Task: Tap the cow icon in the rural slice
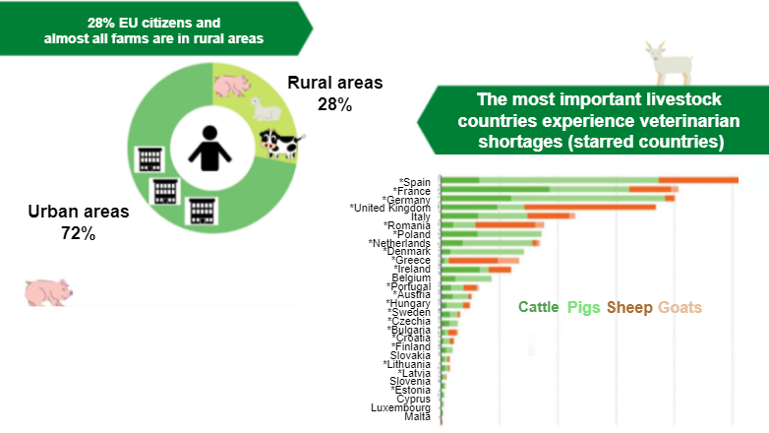tap(277, 143)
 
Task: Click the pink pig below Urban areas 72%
tap(47, 290)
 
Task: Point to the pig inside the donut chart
tap(234, 87)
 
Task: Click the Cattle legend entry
tap(540, 307)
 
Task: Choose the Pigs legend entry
tap(586, 307)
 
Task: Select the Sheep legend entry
tap(629, 307)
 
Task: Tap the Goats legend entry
tap(680, 307)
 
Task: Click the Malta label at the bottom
tap(417, 417)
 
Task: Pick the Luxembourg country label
tap(400, 407)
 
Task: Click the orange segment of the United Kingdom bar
tap(590, 208)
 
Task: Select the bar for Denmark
tap(483, 251)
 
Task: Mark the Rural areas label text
tap(334, 83)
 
